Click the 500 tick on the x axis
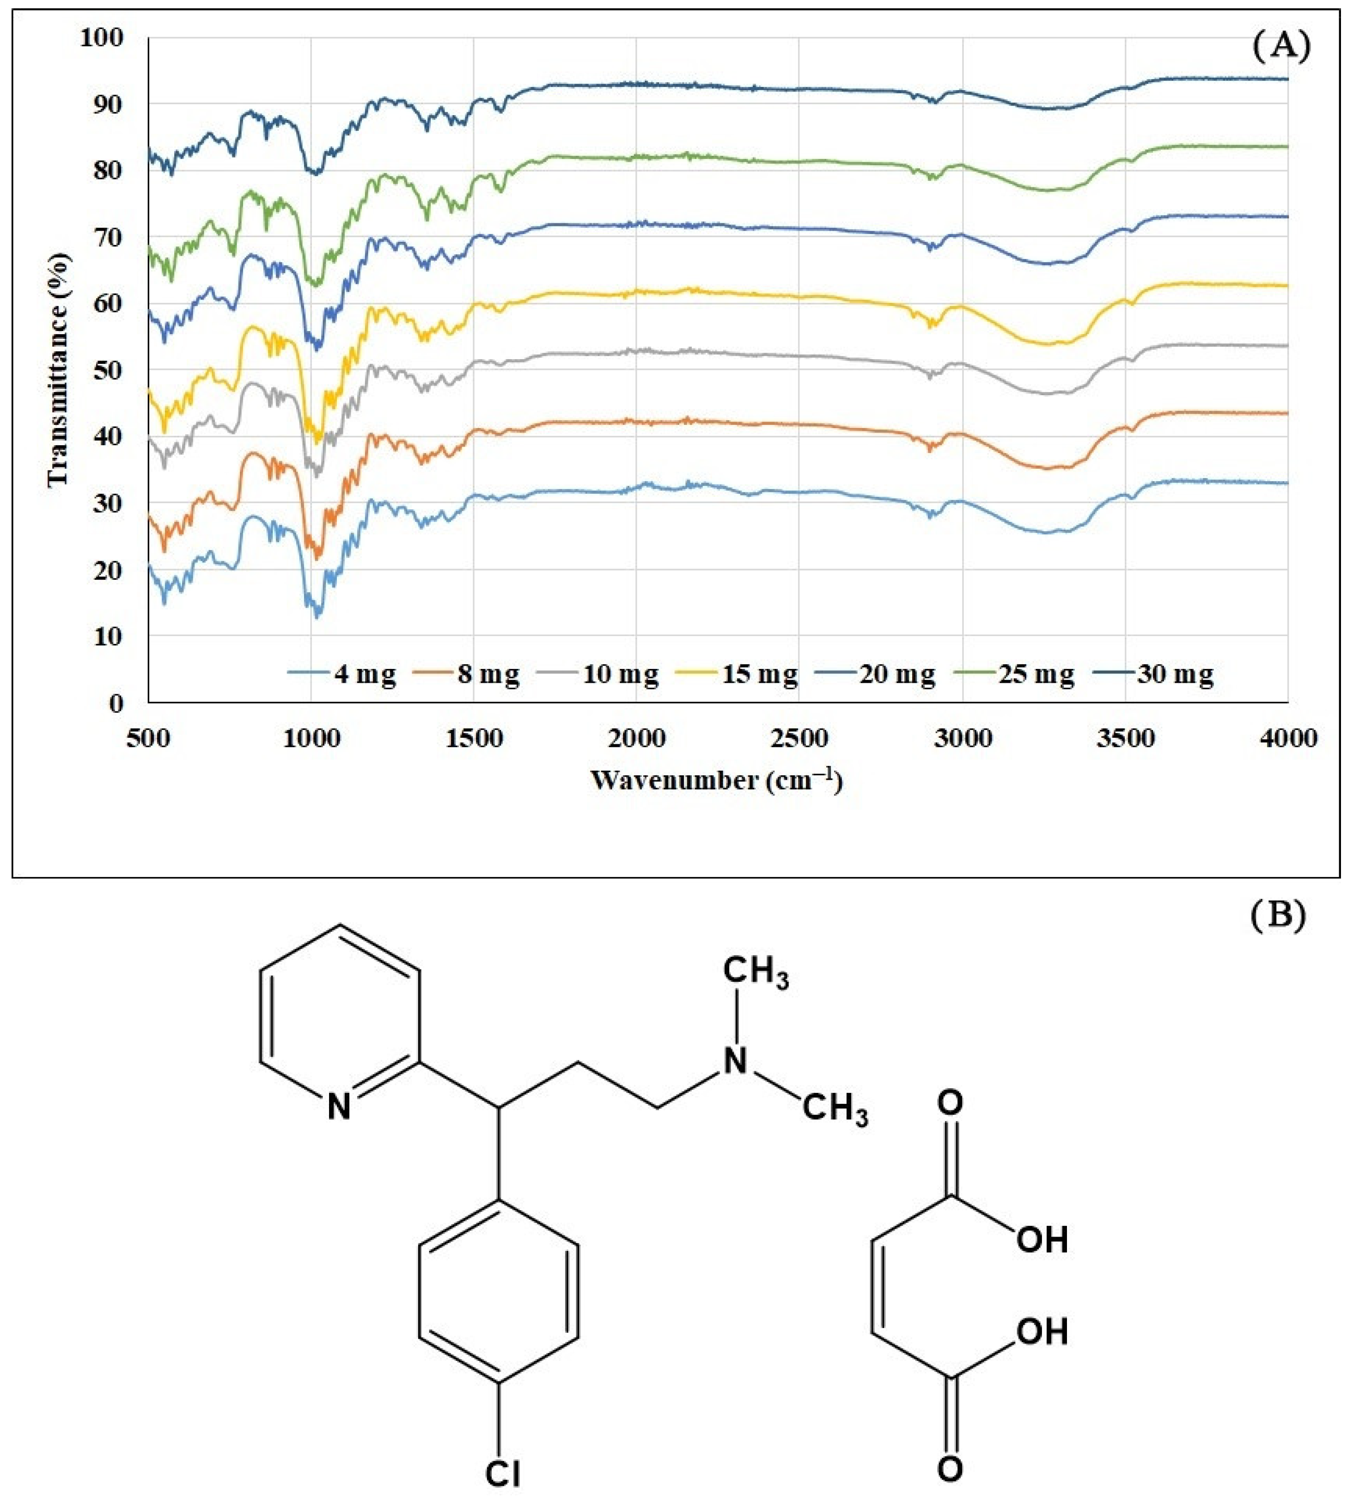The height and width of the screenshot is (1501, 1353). [x=149, y=739]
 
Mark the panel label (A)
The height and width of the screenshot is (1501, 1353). [x=1280, y=46]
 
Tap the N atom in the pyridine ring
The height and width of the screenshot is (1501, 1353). [x=339, y=1108]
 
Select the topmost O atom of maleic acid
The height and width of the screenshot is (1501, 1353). [x=949, y=1103]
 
